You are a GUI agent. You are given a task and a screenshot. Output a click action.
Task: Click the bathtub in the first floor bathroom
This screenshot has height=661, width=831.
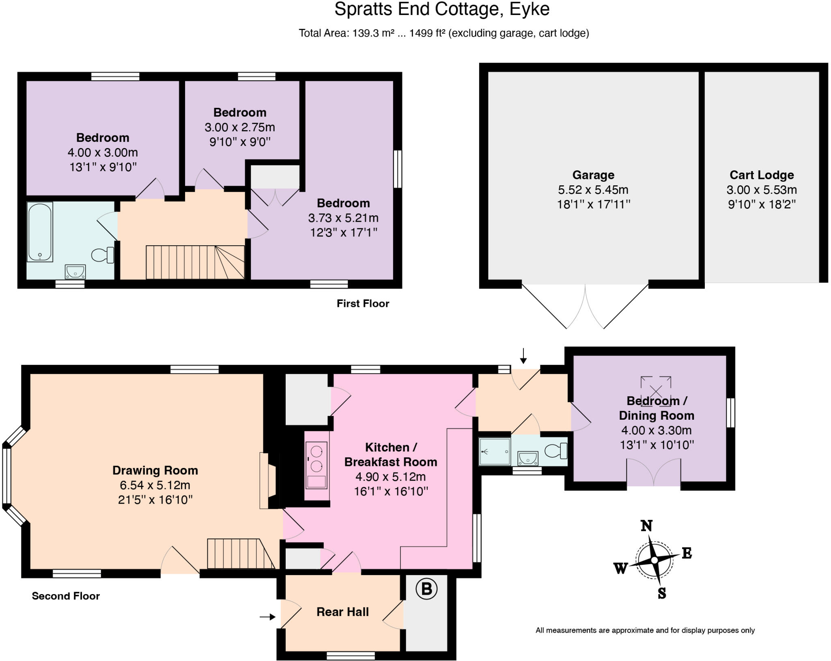tap(40, 232)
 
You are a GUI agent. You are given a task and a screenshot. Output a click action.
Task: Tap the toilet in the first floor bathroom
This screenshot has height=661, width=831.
tap(102, 255)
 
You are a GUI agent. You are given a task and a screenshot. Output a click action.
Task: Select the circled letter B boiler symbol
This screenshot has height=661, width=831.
tap(426, 588)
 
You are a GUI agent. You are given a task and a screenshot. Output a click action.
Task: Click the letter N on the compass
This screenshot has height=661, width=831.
tap(646, 526)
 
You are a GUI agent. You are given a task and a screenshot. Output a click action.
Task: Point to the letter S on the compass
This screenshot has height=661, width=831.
tap(661, 593)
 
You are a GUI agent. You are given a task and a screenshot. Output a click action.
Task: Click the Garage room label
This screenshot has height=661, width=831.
tap(593, 175)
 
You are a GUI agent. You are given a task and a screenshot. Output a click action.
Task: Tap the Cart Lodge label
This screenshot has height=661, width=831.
tap(762, 175)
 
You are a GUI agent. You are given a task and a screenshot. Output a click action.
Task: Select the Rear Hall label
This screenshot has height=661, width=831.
tap(342, 612)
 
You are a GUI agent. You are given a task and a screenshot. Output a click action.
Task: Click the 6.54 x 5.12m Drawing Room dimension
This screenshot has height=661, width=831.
tap(155, 485)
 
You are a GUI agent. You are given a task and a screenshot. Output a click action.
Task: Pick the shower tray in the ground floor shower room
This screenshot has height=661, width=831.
tap(494, 451)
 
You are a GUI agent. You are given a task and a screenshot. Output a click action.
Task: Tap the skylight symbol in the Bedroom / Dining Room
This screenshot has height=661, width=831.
tap(656, 391)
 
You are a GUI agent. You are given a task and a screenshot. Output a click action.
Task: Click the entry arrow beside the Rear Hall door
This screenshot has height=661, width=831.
tap(267, 617)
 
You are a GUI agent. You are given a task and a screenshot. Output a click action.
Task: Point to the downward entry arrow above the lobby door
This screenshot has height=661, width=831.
tap(523, 356)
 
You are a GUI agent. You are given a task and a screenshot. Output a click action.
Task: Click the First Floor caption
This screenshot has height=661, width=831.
tap(363, 303)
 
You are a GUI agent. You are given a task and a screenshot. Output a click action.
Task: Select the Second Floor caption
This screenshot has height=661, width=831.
tap(66, 596)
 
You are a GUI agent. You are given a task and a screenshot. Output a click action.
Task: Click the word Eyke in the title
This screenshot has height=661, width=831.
tap(529, 9)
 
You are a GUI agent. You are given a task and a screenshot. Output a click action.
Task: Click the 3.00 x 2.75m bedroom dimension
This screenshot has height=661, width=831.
tap(240, 127)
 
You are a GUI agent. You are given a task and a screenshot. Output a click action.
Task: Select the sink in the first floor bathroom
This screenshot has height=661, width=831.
tap(75, 271)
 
